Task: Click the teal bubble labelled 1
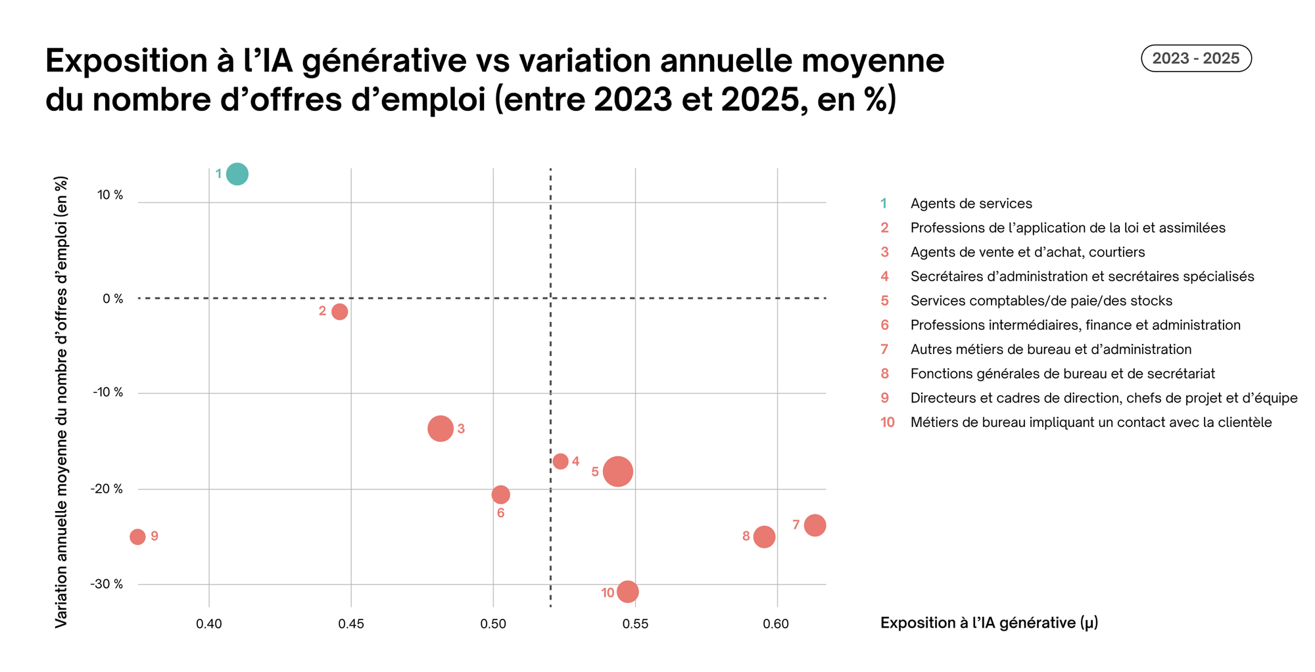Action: click(237, 174)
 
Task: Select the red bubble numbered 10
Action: click(627, 592)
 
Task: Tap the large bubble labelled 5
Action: click(618, 472)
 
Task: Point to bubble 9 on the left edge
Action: click(137, 537)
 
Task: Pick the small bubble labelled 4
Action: click(560, 461)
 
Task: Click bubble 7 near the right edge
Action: click(815, 526)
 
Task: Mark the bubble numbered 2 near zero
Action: click(339, 311)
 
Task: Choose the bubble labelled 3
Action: click(440, 428)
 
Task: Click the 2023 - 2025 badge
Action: click(1195, 58)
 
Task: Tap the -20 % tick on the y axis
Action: click(107, 489)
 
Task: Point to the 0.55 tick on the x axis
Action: click(635, 623)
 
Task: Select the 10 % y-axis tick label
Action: click(110, 195)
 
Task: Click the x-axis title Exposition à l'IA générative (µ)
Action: click(989, 623)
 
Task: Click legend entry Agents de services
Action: click(970, 204)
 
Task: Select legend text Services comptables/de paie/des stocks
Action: click(1041, 301)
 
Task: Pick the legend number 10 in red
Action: click(887, 422)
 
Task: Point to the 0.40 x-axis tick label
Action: click(209, 623)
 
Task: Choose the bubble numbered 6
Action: click(500, 494)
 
